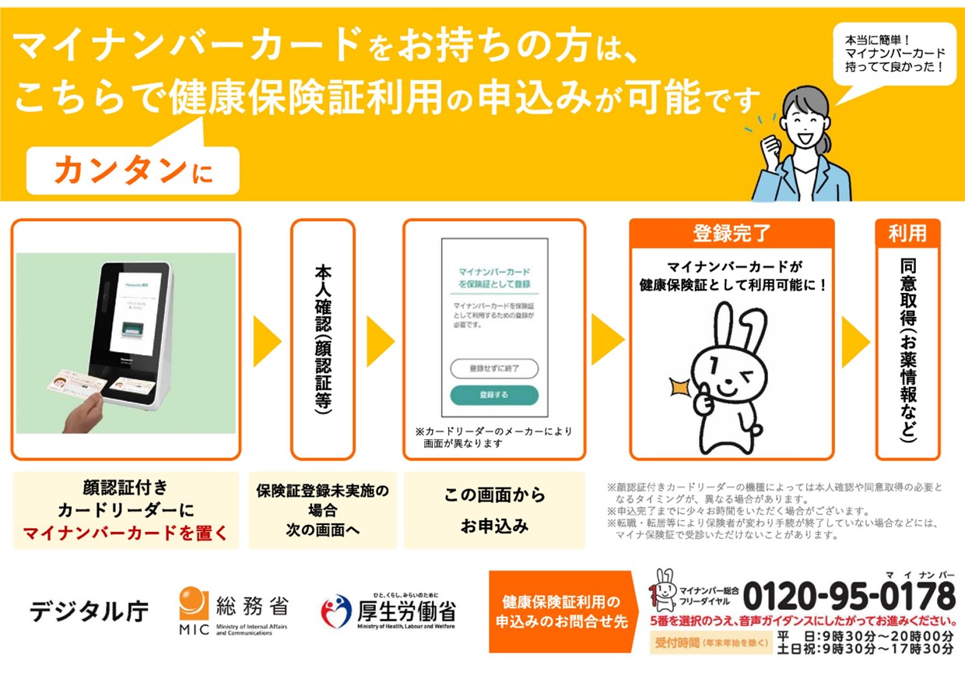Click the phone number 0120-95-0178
tap(848, 597)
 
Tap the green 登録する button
tap(494, 395)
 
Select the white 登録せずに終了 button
tap(494, 368)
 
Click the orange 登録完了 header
tap(731, 232)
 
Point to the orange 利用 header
tap(907, 232)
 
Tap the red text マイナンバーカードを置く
tap(125, 533)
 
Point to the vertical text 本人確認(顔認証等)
tap(322, 340)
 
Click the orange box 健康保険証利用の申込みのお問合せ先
tap(560, 612)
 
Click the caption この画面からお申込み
tap(494, 510)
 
